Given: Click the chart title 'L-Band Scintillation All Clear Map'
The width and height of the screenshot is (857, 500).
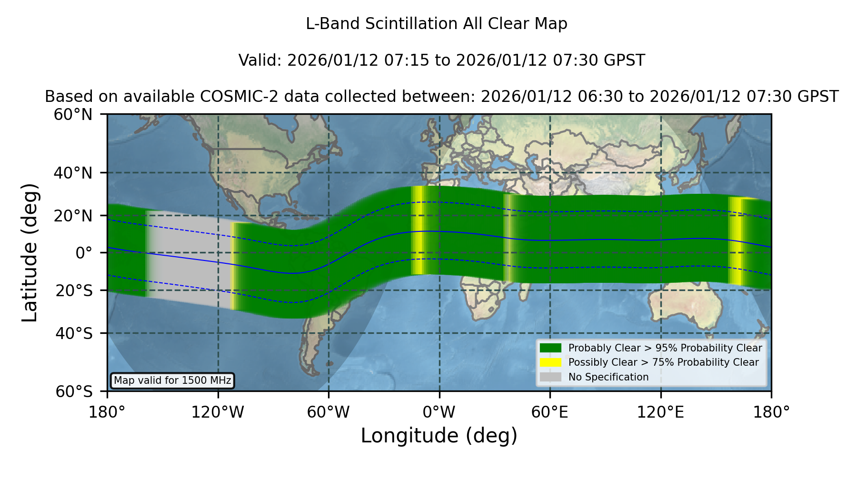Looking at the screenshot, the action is pos(436,24).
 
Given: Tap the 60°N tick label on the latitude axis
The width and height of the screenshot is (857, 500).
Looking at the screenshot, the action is pos(73,114).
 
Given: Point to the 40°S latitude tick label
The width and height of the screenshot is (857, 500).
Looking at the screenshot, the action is pos(74,333).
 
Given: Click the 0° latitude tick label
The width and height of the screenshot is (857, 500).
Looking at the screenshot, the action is pos(84,252).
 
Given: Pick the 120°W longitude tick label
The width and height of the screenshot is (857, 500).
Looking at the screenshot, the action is pos(218,412).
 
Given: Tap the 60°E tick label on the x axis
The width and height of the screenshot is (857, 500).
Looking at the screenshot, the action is pos(550,412).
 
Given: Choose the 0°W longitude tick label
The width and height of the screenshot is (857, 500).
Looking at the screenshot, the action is pos(439,412).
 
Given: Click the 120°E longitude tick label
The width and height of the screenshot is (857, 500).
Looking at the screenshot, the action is pos(661,412).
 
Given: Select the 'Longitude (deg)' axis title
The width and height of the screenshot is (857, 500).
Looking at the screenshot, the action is pos(439,436).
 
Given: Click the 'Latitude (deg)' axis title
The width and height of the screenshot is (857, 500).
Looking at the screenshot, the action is pos(30,252).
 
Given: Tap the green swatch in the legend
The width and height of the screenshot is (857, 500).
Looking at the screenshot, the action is pos(550,348).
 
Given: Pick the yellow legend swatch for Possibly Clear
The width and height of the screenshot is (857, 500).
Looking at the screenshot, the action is pos(550,362).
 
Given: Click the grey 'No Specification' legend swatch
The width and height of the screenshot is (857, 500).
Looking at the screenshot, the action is pos(550,377).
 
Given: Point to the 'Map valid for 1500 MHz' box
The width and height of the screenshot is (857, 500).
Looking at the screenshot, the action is pos(172,380).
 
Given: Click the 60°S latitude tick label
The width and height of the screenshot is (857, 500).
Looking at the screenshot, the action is pos(74,391).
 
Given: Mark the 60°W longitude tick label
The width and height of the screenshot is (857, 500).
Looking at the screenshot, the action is pos(329,412).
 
